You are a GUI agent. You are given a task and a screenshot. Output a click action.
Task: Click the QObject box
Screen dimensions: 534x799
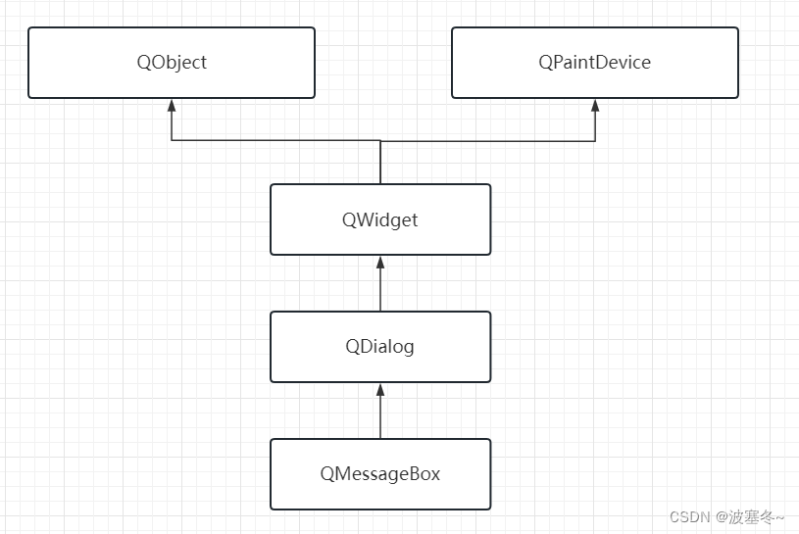point(172,63)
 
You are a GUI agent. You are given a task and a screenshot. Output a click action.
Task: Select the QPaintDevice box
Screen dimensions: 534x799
point(594,63)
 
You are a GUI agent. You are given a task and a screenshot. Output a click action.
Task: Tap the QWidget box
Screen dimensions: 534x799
point(380,219)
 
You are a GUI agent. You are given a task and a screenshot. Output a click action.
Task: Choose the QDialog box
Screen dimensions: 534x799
point(380,347)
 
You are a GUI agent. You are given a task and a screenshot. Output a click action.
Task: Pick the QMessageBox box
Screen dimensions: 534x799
point(380,474)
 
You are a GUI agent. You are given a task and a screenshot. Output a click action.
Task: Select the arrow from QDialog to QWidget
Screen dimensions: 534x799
point(380,284)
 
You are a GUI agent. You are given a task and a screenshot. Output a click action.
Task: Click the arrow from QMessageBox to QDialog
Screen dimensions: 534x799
point(380,412)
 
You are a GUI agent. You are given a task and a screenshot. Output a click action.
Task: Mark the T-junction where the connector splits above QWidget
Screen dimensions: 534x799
point(380,141)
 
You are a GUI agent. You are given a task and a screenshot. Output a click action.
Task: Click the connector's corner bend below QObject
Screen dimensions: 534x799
point(172,141)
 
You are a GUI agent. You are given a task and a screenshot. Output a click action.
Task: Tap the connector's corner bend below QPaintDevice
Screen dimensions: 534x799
point(594,141)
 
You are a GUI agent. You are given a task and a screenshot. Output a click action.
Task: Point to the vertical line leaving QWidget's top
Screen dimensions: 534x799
point(380,164)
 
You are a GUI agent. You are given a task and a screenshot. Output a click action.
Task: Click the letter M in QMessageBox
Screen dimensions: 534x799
point(342,474)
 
